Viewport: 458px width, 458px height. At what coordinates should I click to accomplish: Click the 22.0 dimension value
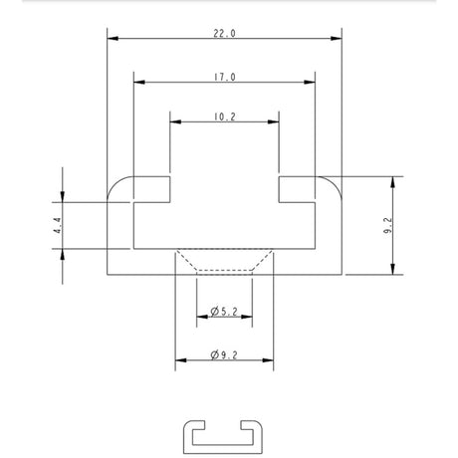[x=224, y=33]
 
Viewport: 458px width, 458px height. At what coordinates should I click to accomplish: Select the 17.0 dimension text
[x=224, y=77]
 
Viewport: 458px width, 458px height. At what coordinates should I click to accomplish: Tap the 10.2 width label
[x=224, y=116]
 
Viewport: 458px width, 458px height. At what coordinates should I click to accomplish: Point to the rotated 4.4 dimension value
[x=58, y=225]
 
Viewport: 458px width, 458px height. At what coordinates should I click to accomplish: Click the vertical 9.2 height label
[x=388, y=226]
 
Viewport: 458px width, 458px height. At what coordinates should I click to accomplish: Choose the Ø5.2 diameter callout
[x=224, y=312]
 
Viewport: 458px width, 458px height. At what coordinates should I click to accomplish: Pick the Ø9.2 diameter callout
[x=224, y=355]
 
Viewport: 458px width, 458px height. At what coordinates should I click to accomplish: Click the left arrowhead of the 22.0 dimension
[x=113, y=39]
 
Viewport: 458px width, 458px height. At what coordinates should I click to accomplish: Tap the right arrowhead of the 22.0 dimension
[x=337, y=39]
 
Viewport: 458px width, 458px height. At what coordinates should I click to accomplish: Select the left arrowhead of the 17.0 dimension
[x=139, y=82]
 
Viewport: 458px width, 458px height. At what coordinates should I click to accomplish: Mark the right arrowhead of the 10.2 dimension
[x=273, y=121]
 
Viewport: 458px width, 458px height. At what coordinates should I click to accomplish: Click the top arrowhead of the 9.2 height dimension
[x=393, y=182]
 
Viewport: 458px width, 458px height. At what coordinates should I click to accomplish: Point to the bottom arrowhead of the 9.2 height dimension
[x=393, y=269]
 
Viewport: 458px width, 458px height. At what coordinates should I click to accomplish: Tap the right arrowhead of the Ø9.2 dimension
[x=268, y=360]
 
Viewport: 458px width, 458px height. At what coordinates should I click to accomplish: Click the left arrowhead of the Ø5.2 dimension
[x=202, y=317]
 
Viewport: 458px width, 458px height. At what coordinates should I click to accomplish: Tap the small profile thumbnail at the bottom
[x=223, y=437]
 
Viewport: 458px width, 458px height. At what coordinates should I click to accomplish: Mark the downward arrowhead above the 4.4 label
[x=63, y=196]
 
